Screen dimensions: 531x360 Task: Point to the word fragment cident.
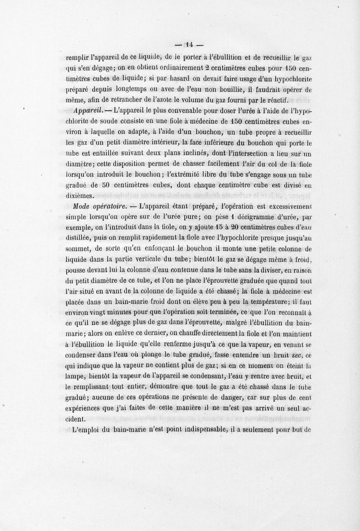pyautogui.click(x=74, y=418)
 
